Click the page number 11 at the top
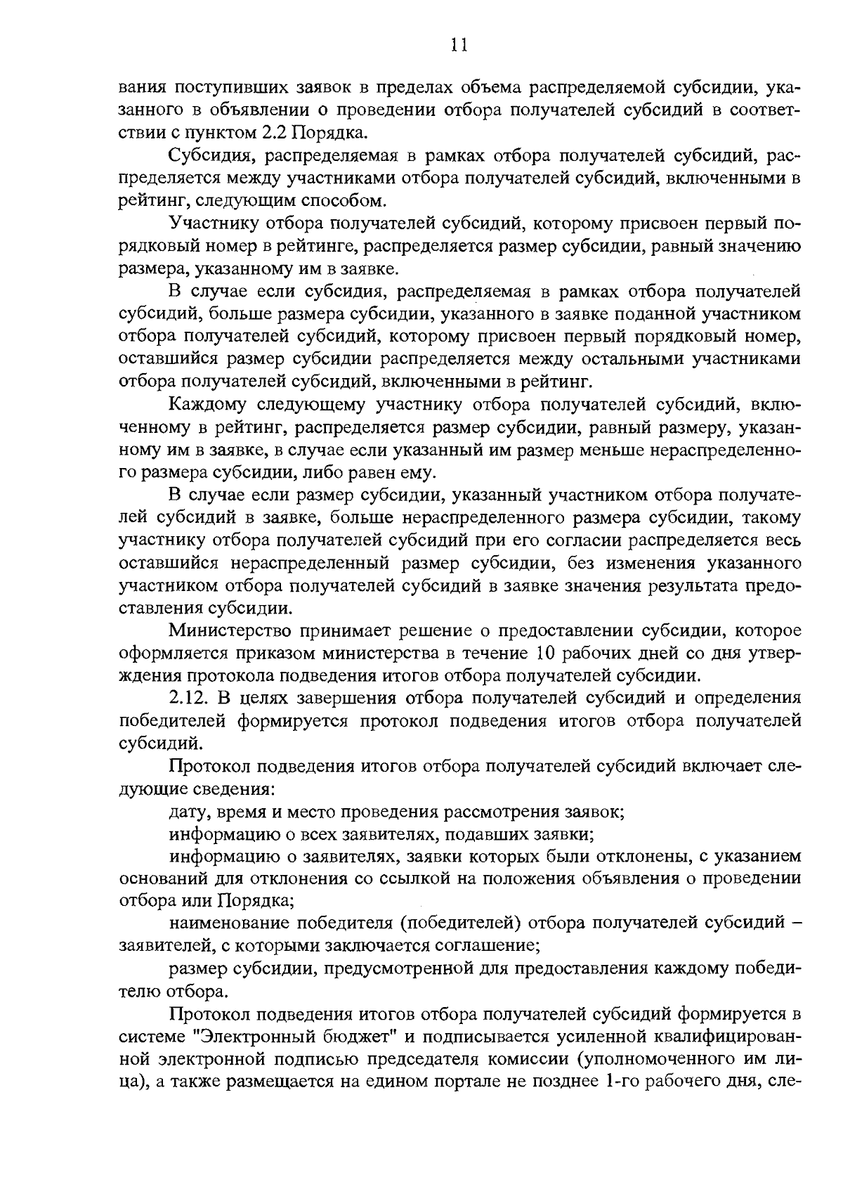(x=459, y=45)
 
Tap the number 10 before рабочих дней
(x=549, y=653)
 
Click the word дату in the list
(x=187, y=812)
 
